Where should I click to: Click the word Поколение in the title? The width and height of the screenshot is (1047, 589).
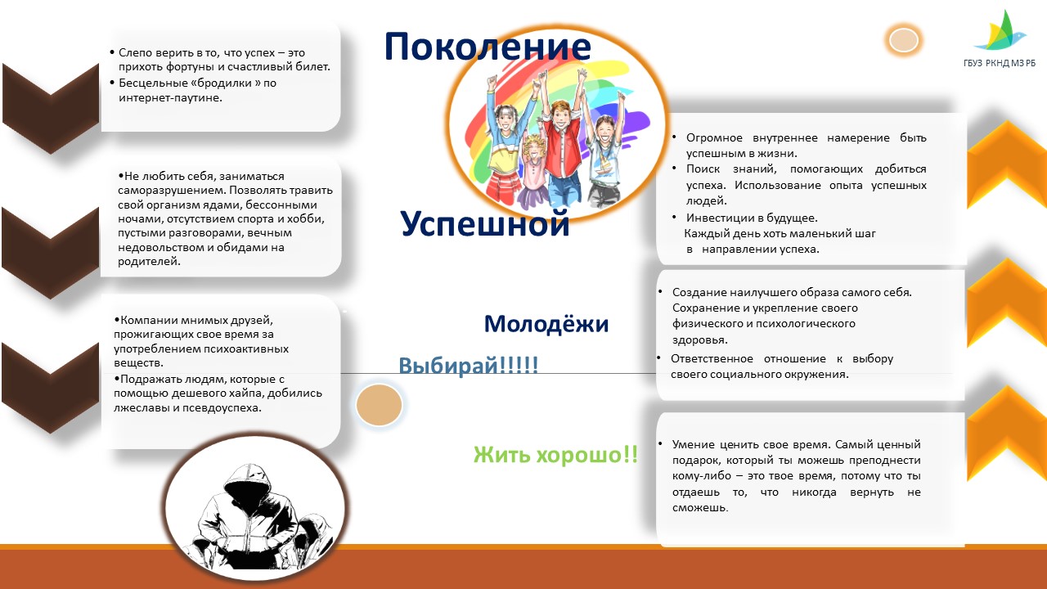(x=488, y=47)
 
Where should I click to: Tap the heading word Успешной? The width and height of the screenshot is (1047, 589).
(x=485, y=224)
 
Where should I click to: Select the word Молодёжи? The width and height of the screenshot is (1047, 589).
(x=546, y=323)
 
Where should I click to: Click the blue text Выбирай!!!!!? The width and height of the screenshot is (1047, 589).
(x=469, y=365)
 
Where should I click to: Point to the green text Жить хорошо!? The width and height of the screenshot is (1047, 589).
(x=555, y=454)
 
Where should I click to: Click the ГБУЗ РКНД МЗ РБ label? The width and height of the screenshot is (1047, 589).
(x=1000, y=63)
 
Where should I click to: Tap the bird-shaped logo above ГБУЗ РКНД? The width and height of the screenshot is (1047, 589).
(x=1000, y=31)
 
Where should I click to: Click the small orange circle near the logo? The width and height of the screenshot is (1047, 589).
(x=904, y=40)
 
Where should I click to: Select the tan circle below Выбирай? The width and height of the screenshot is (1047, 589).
(x=379, y=405)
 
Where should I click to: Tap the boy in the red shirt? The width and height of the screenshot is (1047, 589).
(x=560, y=150)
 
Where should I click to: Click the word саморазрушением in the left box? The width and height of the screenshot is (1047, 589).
(x=172, y=191)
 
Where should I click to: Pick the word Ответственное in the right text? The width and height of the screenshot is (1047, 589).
(x=712, y=359)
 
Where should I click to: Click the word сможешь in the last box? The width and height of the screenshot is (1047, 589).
(x=700, y=508)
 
